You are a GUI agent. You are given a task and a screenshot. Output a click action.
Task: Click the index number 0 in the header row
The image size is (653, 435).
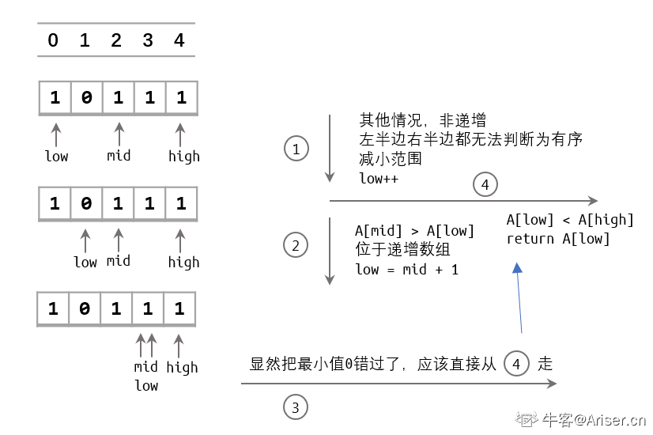pos(53,40)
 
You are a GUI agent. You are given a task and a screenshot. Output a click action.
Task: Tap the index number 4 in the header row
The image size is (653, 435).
pos(179,40)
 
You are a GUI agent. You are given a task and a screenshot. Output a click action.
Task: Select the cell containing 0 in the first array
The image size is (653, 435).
pos(86,98)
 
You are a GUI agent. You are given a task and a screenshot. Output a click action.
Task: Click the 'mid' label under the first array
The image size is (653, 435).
pos(119,156)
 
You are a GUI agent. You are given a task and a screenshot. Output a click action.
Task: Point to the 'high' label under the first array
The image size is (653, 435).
pos(183,157)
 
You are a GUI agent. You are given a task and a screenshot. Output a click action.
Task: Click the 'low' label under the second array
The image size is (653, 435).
pos(85,262)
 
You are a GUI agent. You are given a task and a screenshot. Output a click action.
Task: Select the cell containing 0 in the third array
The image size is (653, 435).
pos(85,308)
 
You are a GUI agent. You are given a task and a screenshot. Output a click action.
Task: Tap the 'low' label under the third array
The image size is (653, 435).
pos(146,386)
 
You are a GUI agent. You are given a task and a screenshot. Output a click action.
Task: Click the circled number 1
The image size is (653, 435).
pos(296,149)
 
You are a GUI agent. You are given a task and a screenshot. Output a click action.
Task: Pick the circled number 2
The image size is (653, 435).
pos(296,246)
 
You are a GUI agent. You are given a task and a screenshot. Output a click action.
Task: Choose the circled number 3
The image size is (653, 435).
pos(296,408)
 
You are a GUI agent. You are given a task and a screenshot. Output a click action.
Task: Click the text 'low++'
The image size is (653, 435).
pos(379,178)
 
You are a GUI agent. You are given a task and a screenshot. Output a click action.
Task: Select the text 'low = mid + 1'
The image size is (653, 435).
pos(407,270)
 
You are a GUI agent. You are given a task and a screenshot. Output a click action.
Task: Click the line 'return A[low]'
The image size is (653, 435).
pos(558,239)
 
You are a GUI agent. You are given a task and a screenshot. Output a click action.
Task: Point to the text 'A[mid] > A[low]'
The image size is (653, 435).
pos(415,231)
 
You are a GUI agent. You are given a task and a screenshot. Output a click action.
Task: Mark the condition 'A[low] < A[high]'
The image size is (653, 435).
pos(570,220)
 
